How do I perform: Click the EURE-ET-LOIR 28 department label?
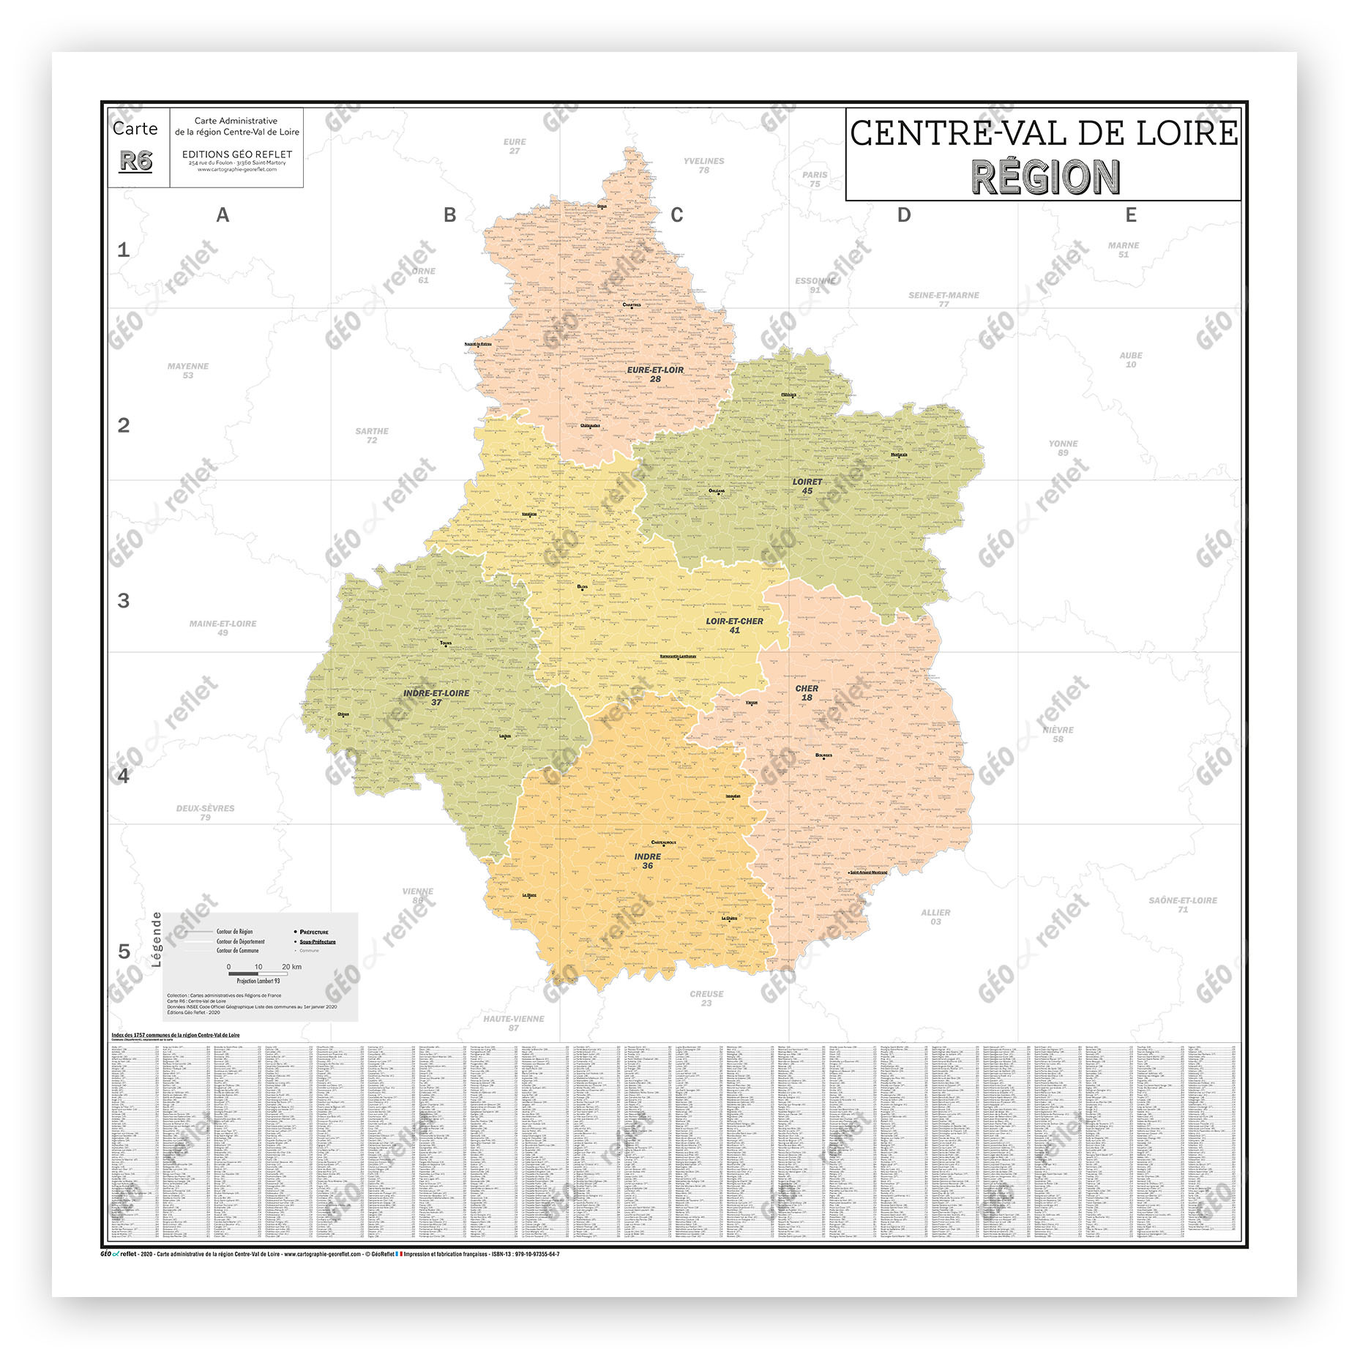pyautogui.click(x=654, y=374)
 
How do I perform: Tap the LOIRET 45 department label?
pyautogui.click(x=807, y=486)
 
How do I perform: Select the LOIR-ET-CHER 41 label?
pyautogui.click(x=734, y=625)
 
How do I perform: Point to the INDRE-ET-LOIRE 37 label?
pyautogui.click(x=436, y=697)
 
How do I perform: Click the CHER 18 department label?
pyautogui.click(x=807, y=692)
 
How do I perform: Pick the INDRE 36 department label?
pyautogui.click(x=647, y=861)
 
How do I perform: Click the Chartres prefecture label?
pyautogui.click(x=631, y=305)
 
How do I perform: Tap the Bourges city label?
pyautogui.click(x=823, y=755)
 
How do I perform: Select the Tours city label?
pyautogui.click(x=446, y=643)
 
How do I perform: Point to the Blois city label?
pyautogui.click(x=582, y=587)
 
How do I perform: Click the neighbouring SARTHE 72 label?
pyautogui.click(x=372, y=436)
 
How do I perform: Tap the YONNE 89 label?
pyautogui.click(x=1063, y=448)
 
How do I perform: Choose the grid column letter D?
pyautogui.click(x=904, y=215)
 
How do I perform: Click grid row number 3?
pyautogui.click(x=124, y=601)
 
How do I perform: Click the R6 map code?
pyautogui.click(x=136, y=161)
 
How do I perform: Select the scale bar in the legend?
pyautogui.click(x=258, y=974)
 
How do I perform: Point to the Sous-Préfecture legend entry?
pyautogui.click(x=317, y=942)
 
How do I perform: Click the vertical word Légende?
pyautogui.click(x=156, y=939)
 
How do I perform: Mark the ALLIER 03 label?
pyautogui.click(x=935, y=917)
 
